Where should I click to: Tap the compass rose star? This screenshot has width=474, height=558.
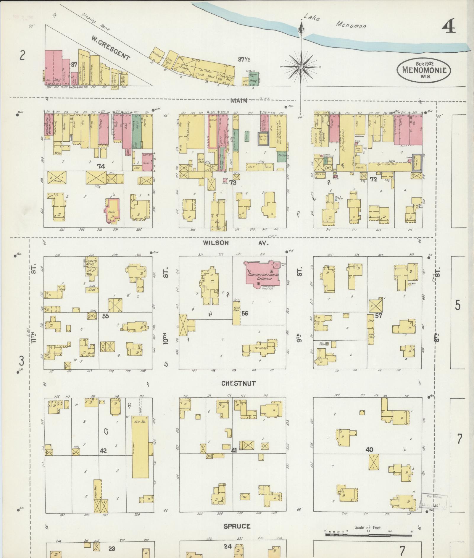(x=301, y=67)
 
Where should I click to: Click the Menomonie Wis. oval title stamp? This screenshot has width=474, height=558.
(x=423, y=70)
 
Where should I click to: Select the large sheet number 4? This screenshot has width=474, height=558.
(x=449, y=27)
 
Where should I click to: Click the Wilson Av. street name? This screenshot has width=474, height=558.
(x=235, y=243)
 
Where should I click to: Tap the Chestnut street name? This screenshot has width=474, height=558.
(x=238, y=383)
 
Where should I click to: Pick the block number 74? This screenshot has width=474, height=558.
(x=101, y=166)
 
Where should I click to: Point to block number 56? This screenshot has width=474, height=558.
(x=244, y=313)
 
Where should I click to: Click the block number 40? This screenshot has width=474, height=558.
(x=369, y=450)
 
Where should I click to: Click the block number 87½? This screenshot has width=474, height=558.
(x=244, y=59)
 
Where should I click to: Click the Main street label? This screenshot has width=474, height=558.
(x=238, y=101)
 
